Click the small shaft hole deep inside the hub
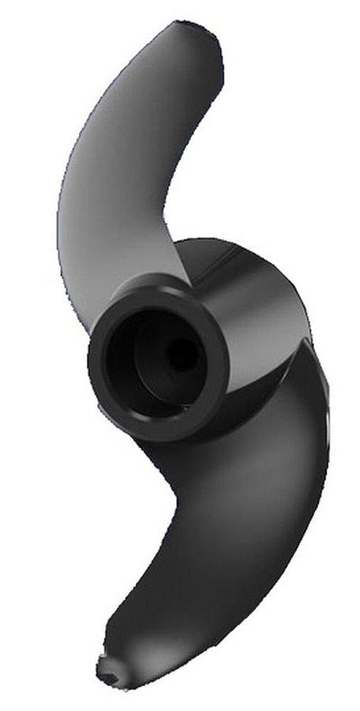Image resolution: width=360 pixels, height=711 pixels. point(182,358)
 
